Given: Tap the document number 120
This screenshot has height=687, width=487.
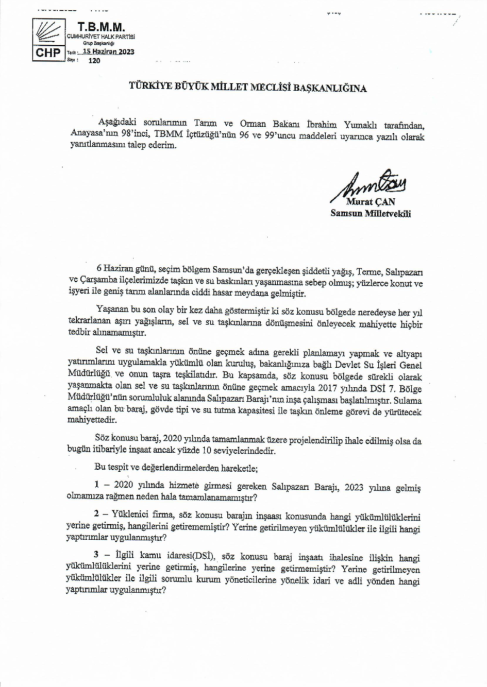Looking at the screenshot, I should coord(94,61).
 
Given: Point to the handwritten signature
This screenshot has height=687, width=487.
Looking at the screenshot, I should coord(370,185).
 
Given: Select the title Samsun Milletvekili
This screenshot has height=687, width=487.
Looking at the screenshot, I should coord(371,214).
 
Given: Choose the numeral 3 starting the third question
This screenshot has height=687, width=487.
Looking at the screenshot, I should coord(96,558).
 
